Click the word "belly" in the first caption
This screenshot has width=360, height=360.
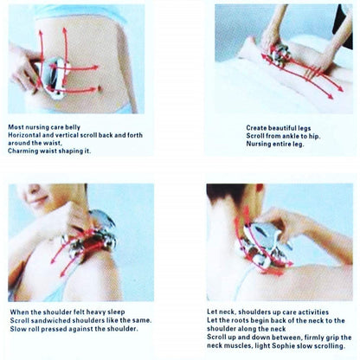pyautogui.click(x=73, y=127)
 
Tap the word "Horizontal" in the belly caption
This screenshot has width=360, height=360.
pyautogui.click(x=22, y=135)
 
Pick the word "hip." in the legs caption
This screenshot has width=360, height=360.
pyautogui.click(x=314, y=136)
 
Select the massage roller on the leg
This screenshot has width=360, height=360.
pyautogui.click(x=279, y=55)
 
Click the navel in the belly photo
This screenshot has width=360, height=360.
pyautogui.click(x=100, y=87)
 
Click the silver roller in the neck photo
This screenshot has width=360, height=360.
pyautogui.click(x=262, y=245)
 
